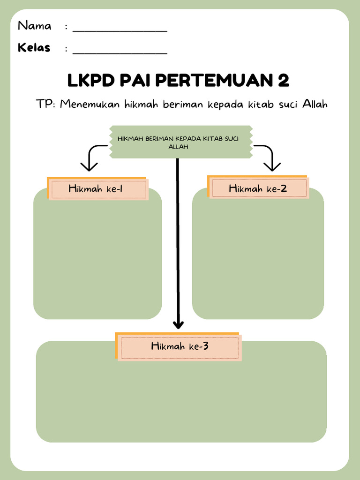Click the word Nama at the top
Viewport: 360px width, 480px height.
[34, 26]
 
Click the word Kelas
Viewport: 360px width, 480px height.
[34, 48]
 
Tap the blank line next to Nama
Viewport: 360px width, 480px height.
[120, 30]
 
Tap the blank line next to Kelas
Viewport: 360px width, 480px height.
[120, 52]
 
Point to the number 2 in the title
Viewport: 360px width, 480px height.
[283, 81]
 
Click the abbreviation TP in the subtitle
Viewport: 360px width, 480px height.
[45, 104]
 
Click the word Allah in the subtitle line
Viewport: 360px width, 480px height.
[315, 104]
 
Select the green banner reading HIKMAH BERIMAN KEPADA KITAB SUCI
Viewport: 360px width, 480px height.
[180, 142]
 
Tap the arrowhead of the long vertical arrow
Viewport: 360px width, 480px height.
[178, 324]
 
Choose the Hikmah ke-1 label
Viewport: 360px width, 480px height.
[98, 189]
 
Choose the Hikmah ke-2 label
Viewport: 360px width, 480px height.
[258, 189]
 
